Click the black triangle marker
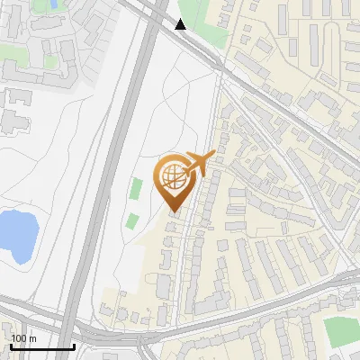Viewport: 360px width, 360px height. pos(181,24)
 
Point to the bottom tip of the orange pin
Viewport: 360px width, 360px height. pos(173,212)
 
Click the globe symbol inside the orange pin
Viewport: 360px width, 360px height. pos(172,176)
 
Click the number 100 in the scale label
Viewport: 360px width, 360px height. pos(19,338)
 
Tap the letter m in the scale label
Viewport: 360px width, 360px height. pos(31,338)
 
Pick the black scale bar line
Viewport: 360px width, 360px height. pos(41,346)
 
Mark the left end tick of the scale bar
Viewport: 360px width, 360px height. pos(10,345)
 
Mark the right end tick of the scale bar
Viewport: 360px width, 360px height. pos(74,345)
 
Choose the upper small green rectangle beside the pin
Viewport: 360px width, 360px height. pos(136,188)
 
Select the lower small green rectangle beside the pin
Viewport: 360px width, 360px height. pos(132,220)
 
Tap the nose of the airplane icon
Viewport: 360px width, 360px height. pos(214,155)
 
